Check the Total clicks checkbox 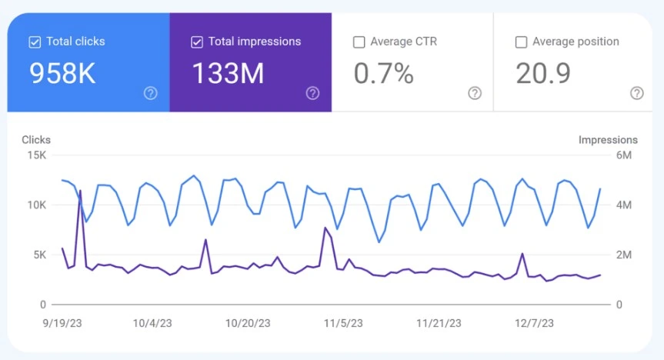tap(35, 42)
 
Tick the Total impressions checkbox tap(197, 42)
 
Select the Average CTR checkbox tap(359, 42)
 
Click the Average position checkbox tap(522, 42)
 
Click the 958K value tap(62, 73)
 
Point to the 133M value tap(229, 73)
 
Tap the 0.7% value tap(384, 73)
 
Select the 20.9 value tap(543, 73)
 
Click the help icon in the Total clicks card tap(150, 93)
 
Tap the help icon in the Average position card tap(637, 93)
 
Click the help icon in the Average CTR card tap(475, 93)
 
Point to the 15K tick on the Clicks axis tap(37, 155)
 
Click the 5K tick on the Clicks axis tap(40, 255)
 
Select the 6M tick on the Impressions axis tap(624, 155)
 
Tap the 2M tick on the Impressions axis tap(624, 255)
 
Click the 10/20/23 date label tap(248, 324)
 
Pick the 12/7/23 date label tap(535, 324)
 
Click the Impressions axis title tap(608, 140)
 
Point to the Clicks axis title tap(36, 140)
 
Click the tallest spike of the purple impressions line tap(80, 191)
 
